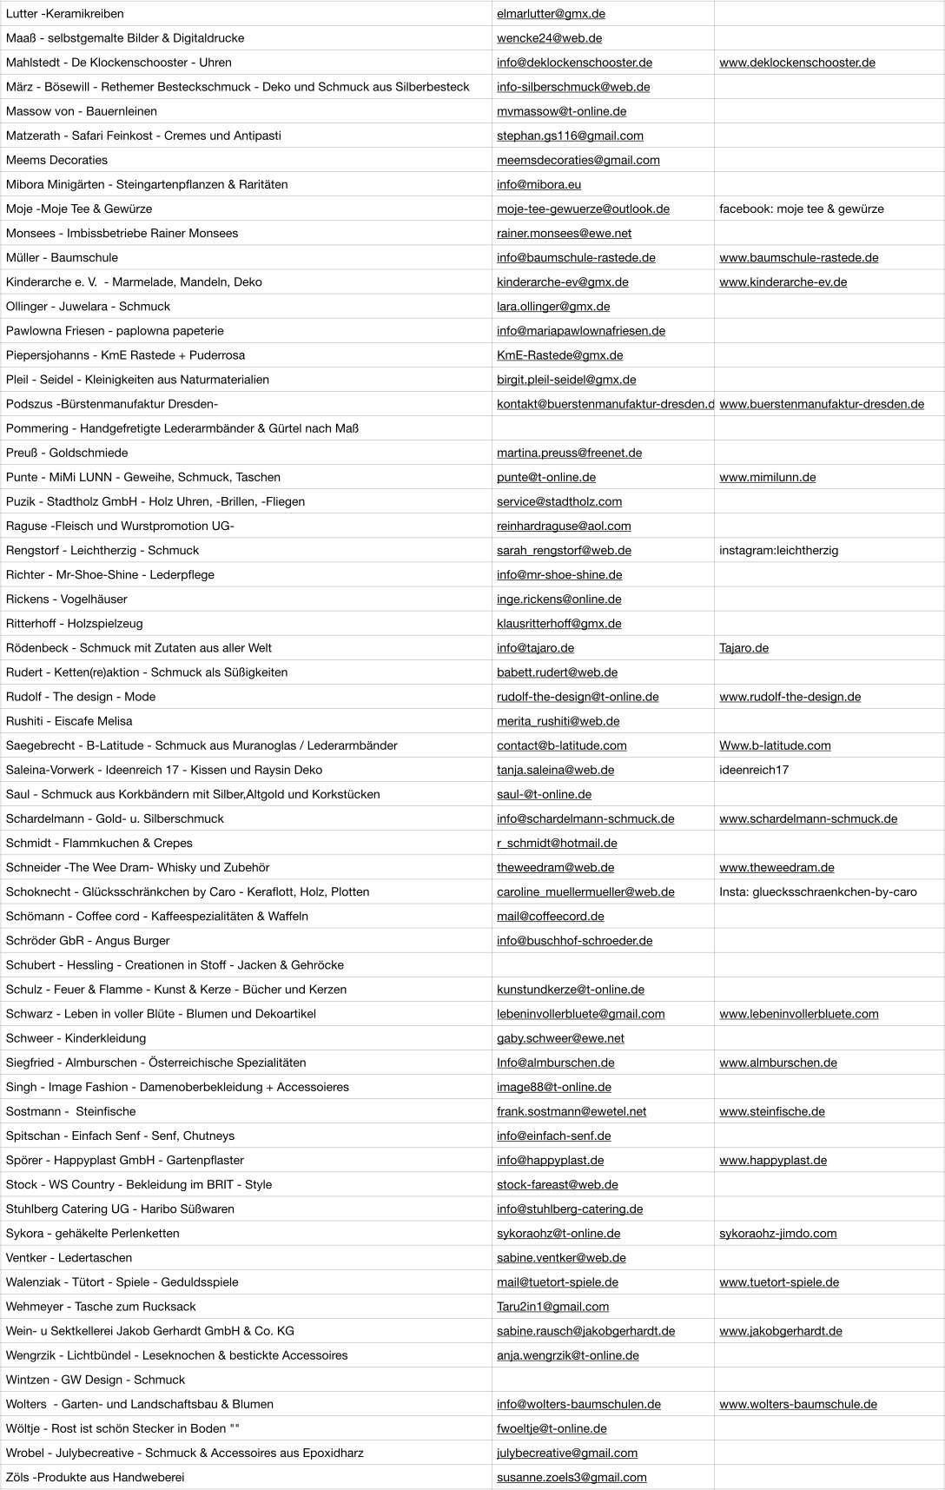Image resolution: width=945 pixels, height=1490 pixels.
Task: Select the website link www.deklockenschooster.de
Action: [796, 63]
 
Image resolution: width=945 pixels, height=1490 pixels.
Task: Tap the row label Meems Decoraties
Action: [56, 160]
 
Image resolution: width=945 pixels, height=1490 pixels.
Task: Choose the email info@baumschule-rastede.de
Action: [576, 258]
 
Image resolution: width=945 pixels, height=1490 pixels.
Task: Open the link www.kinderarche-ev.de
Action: [783, 282]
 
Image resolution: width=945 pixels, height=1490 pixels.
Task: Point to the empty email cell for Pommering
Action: [602, 428]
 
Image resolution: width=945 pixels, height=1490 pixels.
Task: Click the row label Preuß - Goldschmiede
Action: [67, 453]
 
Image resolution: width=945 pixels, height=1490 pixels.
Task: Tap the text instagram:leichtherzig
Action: [778, 550]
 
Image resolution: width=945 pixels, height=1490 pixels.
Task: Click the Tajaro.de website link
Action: [743, 648]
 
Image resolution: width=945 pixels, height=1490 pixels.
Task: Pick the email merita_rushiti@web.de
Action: [558, 721]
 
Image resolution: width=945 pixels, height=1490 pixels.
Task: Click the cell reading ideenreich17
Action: [754, 770]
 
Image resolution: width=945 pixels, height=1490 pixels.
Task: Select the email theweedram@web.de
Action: [555, 867]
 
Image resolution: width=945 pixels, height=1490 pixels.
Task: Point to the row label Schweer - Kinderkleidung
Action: [76, 1038]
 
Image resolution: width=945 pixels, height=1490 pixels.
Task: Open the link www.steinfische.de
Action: [771, 1111]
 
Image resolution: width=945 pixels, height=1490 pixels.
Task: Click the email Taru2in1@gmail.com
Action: [552, 1307]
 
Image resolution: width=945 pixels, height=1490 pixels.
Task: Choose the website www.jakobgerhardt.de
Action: [780, 1331]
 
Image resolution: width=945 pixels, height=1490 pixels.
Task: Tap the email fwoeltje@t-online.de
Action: [552, 1428]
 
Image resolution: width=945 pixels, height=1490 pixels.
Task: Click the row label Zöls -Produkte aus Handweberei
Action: [95, 1477]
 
